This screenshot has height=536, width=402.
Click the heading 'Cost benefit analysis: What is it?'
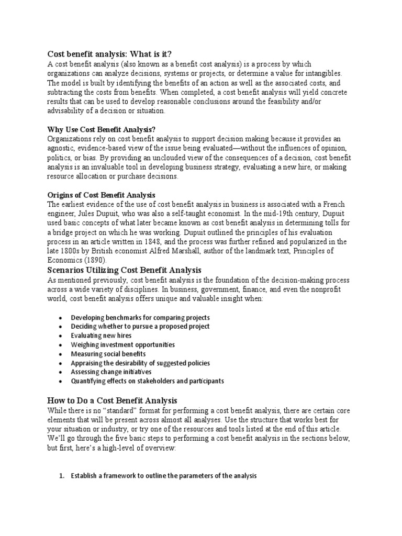click(x=109, y=54)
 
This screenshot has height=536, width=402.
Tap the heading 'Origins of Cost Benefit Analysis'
click(x=101, y=195)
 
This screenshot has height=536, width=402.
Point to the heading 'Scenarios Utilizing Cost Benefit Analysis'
click(x=125, y=270)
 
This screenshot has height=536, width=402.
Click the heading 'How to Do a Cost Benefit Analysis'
click(x=113, y=400)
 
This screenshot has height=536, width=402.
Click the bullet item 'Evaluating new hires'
click(x=101, y=336)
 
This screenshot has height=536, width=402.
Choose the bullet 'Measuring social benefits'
click(x=108, y=354)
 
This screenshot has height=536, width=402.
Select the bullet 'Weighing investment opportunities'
click(x=122, y=345)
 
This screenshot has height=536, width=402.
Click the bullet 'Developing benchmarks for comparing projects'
click(x=140, y=318)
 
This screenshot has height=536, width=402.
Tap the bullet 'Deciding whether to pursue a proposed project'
click(x=140, y=327)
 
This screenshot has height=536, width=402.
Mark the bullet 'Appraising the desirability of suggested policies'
click(x=140, y=363)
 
